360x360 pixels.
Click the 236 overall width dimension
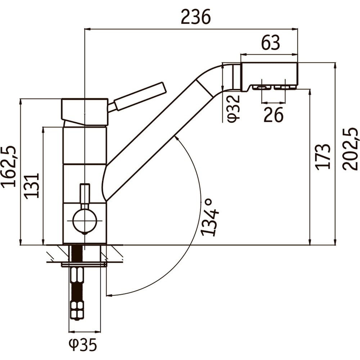click(195, 17)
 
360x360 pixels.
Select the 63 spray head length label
click(271, 43)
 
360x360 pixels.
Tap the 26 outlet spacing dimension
click(274, 114)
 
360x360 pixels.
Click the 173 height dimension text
click(323, 157)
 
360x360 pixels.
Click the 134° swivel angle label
click(210, 217)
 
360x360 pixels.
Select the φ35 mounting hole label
click(83, 345)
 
